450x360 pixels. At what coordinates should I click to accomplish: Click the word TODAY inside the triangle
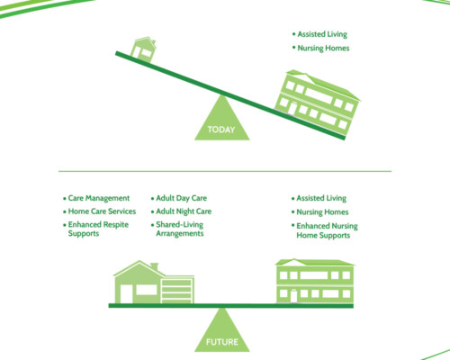pos(221,130)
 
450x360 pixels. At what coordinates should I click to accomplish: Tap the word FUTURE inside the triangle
pos(222,342)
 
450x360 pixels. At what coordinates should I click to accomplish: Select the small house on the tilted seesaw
pos(143,49)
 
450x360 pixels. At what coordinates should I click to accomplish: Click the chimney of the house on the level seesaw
pos(154,266)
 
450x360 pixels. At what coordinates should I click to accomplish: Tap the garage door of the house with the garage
pos(176,291)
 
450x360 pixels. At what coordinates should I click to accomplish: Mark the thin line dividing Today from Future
pos(225,171)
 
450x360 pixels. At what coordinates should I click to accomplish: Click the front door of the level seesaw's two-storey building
pos(293,296)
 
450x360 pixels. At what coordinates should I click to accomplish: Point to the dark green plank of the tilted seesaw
pos(230,95)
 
